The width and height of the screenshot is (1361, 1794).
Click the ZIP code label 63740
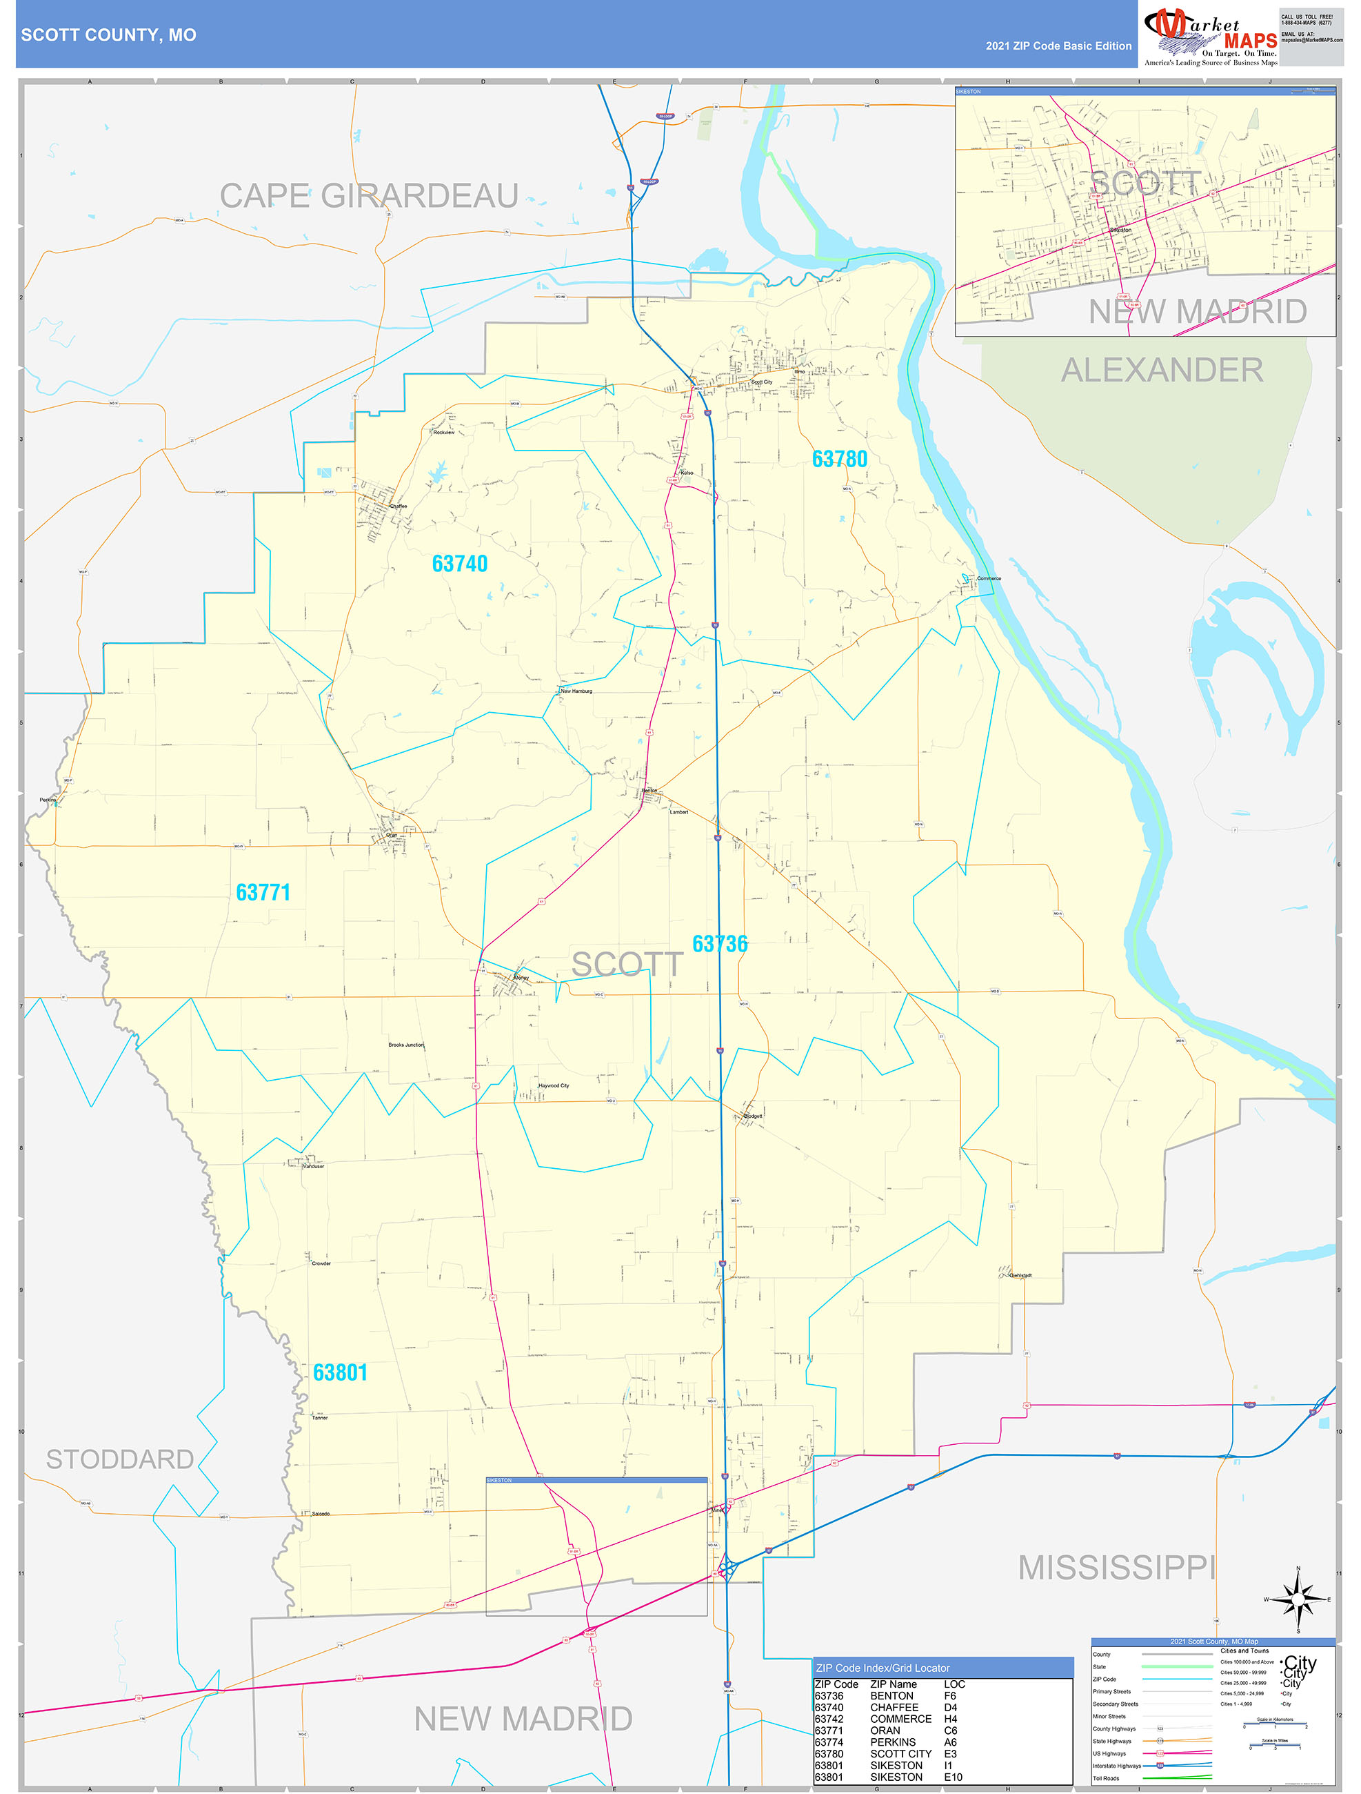[x=460, y=564]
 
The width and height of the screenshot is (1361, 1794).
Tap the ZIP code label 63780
[x=840, y=459]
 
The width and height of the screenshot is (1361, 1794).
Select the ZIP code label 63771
[x=263, y=892]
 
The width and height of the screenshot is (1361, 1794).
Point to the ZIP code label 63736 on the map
[x=720, y=943]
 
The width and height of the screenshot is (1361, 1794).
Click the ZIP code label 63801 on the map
[x=341, y=1372]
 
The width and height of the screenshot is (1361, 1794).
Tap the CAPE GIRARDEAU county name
[x=369, y=196]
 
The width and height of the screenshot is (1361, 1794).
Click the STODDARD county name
[x=120, y=1459]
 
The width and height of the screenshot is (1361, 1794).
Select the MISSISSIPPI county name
[x=1116, y=1568]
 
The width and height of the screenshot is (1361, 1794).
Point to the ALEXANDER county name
[x=1162, y=371]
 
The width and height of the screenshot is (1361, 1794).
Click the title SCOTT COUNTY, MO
[x=109, y=35]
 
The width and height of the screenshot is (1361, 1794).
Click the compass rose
[x=1298, y=1599]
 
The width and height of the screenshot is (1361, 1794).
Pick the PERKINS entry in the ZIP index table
[x=892, y=1742]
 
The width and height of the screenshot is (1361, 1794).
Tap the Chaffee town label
[x=398, y=506]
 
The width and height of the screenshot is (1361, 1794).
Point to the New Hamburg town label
[x=576, y=691]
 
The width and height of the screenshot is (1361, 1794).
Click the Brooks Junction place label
[x=406, y=1045]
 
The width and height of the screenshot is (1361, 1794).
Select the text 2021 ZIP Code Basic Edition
[x=1058, y=46]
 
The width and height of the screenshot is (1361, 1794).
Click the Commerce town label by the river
[x=989, y=578]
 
